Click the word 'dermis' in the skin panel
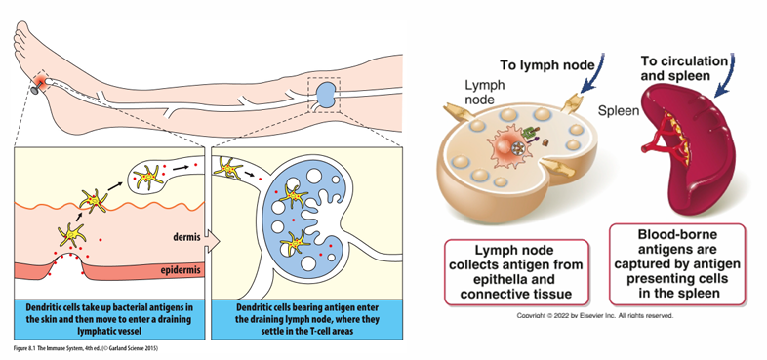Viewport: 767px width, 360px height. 185,237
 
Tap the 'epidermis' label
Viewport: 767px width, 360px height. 181,269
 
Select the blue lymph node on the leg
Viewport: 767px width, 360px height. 323,95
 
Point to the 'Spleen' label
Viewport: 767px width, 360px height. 619,111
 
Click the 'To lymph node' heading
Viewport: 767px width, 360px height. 546,65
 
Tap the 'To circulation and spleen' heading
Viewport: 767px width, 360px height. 684,68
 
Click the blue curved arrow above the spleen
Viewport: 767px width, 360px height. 724,73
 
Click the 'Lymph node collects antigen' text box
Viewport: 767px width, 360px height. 516,272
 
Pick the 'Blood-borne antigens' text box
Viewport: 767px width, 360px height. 677,264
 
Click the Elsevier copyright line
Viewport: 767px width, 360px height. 595,316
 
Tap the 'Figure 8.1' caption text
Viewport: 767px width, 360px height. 86,348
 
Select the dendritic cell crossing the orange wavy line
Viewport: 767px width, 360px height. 94,201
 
